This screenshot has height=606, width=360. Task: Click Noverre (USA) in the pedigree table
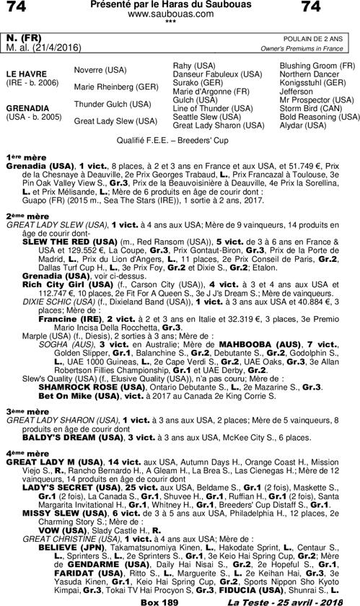tap(100, 69)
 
